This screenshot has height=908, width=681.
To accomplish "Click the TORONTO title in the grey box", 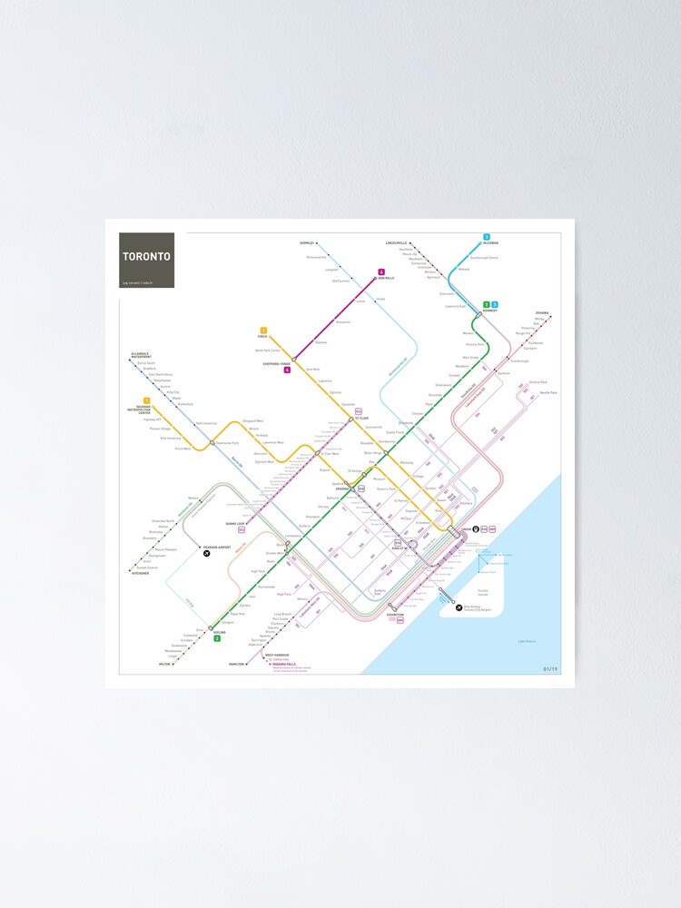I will click(x=146, y=256).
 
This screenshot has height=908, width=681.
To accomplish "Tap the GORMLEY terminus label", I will click(x=307, y=243).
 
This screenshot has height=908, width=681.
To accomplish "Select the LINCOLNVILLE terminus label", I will click(x=399, y=243).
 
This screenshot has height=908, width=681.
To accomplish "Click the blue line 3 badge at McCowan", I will click(x=487, y=237).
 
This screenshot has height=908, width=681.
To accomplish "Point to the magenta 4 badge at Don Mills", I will click(x=382, y=271).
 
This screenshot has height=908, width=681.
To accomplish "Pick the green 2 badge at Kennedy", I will click(x=487, y=305).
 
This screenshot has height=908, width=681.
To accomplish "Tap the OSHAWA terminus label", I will click(x=542, y=312).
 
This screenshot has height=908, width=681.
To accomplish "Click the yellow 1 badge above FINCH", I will click(x=263, y=330).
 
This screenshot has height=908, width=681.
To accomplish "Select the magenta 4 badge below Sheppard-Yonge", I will click(x=287, y=370).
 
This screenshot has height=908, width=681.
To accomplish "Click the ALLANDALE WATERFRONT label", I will click(x=141, y=356).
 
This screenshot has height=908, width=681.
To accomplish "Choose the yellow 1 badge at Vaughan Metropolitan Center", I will click(x=145, y=400).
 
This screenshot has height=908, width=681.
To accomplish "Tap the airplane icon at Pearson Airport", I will click(x=207, y=554).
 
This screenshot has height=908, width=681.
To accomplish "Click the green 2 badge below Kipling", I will click(x=217, y=638).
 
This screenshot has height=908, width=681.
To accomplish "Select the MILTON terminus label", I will click(x=164, y=664).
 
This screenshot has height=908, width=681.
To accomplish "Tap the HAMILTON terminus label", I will click(x=238, y=664).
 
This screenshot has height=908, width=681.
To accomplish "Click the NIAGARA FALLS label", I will click(x=284, y=664).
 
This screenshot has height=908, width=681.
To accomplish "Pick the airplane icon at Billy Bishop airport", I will click(x=459, y=607).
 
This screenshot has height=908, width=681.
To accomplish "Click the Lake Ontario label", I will click(x=526, y=641).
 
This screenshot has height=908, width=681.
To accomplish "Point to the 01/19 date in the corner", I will click(x=550, y=669).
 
